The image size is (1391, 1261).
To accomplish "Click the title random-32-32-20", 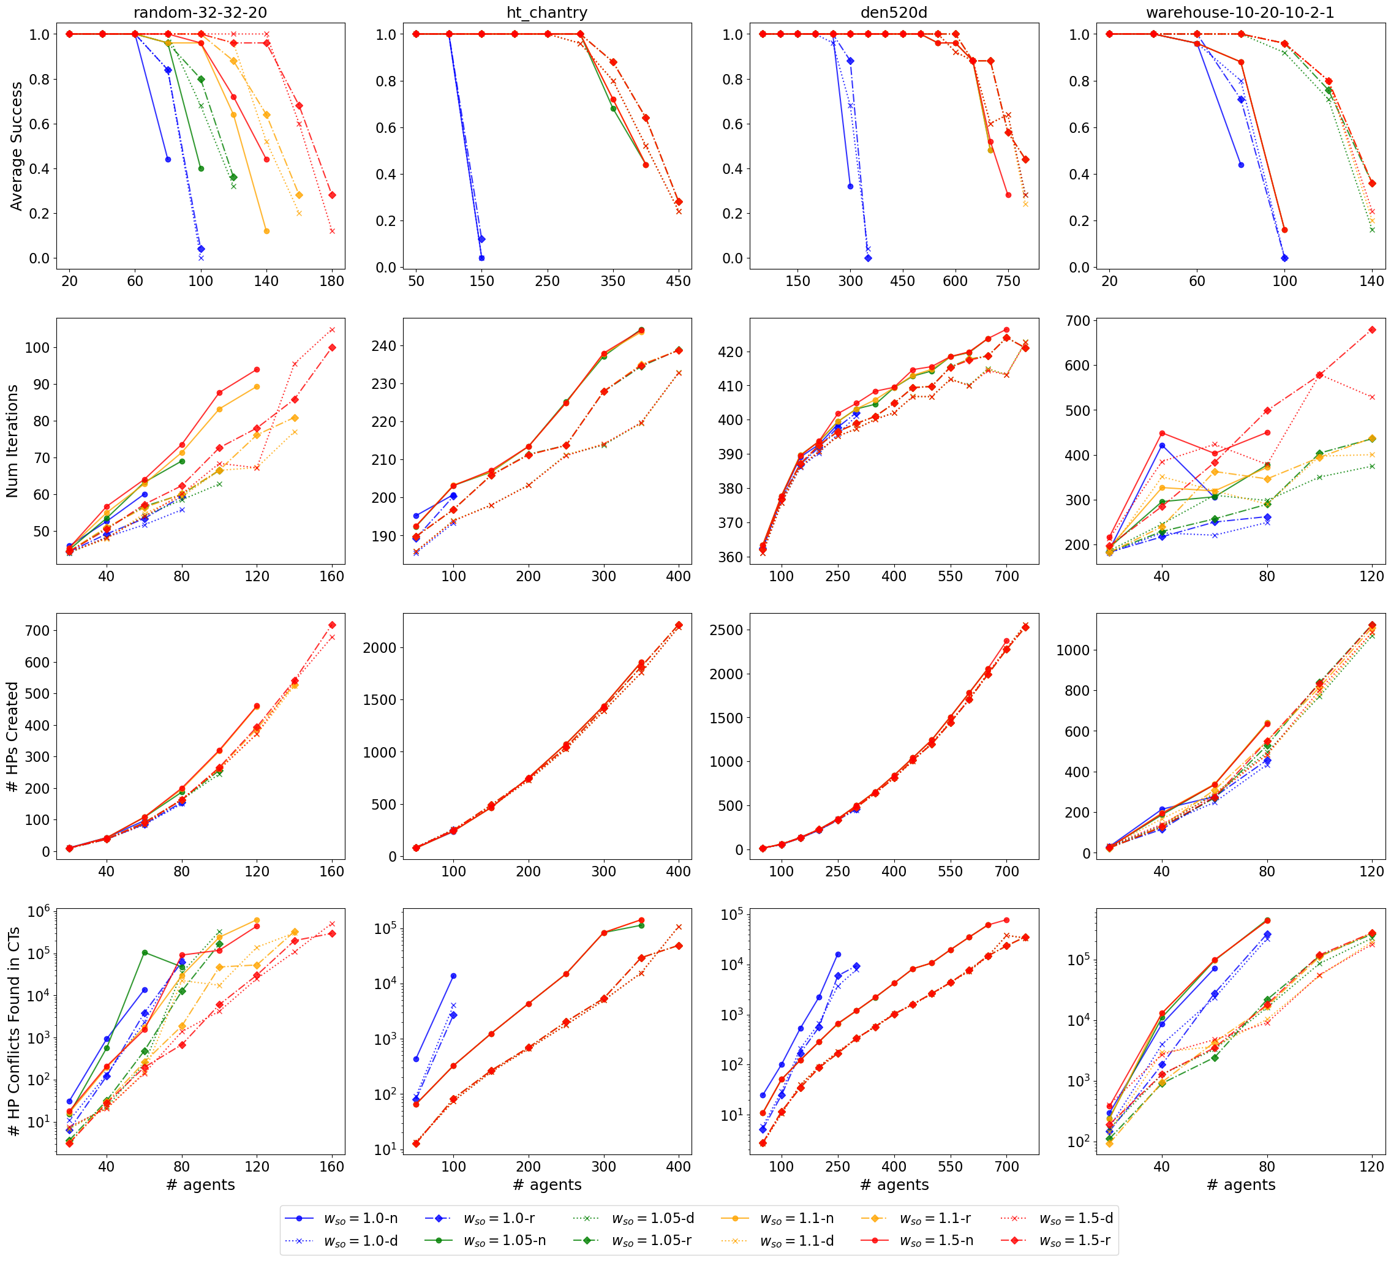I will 200,12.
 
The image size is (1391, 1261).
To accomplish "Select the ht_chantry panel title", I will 547,12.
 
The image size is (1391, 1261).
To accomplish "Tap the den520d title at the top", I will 894,12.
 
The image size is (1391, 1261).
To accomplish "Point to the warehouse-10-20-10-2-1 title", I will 1240,12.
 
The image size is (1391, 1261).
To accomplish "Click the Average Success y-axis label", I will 16,146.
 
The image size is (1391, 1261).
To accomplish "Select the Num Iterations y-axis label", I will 12,441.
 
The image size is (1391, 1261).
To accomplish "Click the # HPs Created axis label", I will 12,736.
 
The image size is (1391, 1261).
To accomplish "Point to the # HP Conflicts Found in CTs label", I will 12,1031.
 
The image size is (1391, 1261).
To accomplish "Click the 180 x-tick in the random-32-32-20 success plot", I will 332,282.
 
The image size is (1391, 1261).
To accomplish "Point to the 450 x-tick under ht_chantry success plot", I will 679,282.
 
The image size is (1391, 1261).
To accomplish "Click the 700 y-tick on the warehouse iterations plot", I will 1075,321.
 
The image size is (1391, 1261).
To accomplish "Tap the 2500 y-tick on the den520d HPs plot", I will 725,630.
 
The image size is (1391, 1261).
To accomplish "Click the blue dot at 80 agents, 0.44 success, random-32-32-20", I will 168,159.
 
